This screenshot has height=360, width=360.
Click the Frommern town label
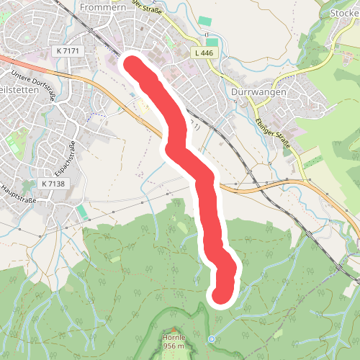(105, 6)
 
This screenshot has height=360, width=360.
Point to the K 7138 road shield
(53, 184)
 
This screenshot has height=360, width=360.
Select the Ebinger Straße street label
(289, 135)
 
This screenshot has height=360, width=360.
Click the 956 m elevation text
(174, 346)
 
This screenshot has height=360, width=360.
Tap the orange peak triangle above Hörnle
(174, 329)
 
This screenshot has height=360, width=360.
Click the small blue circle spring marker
(211, 339)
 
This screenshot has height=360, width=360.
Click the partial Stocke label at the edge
(343, 13)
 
